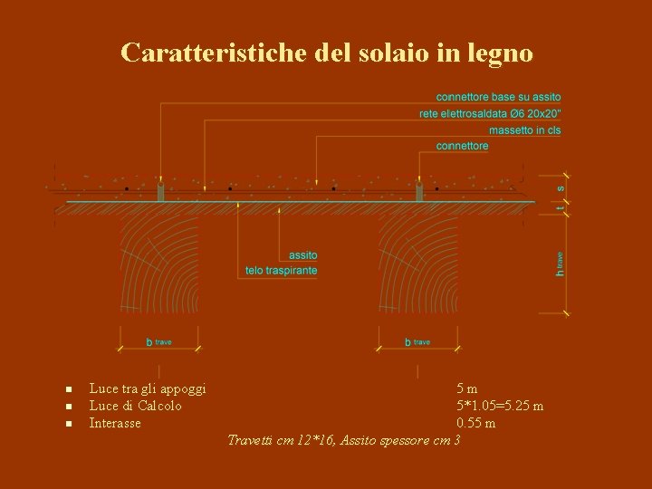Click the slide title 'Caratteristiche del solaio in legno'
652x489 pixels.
click(x=326, y=53)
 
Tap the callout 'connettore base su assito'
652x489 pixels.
click(x=498, y=97)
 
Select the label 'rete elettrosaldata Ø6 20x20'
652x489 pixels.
click(x=490, y=113)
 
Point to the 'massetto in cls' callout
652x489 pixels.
click(x=524, y=129)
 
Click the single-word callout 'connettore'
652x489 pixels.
click(x=462, y=146)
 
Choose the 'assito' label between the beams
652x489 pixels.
click(x=303, y=255)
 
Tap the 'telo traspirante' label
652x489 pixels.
click(x=281, y=271)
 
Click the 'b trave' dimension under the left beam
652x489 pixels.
click(x=159, y=342)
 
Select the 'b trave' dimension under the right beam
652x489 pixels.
click(x=417, y=342)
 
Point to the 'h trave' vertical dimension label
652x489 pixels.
click(x=561, y=264)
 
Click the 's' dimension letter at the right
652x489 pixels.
click(x=561, y=188)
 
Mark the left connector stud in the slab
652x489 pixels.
click(x=159, y=192)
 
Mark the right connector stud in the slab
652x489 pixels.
click(x=419, y=192)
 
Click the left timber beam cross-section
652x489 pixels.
click(x=159, y=263)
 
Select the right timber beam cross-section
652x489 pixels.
click(x=418, y=263)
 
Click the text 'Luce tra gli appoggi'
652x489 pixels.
click(x=148, y=388)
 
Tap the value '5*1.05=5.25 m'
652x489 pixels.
click(x=500, y=406)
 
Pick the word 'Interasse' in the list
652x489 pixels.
click(x=115, y=423)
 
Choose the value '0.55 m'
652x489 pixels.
click(x=476, y=423)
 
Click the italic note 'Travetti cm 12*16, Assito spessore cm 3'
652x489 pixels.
click(x=344, y=440)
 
